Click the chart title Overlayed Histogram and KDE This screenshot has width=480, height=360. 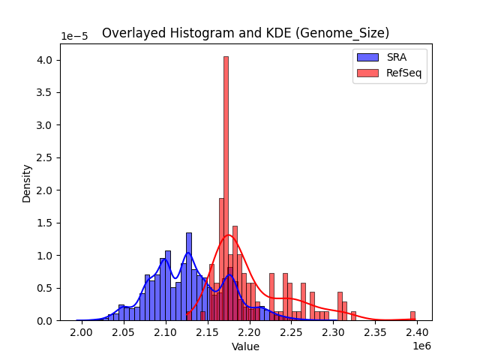(245, 33)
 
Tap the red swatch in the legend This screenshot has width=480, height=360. (367, 73)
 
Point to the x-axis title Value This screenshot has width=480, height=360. (245, 346)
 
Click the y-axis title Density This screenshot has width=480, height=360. (26, 184)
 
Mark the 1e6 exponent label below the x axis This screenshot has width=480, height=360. (420, 346)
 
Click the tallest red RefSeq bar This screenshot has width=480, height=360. (226, 187)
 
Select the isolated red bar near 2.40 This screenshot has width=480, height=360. (412, 316)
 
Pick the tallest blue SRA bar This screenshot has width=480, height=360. (188, 277)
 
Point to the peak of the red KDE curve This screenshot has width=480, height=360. (228, 235)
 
